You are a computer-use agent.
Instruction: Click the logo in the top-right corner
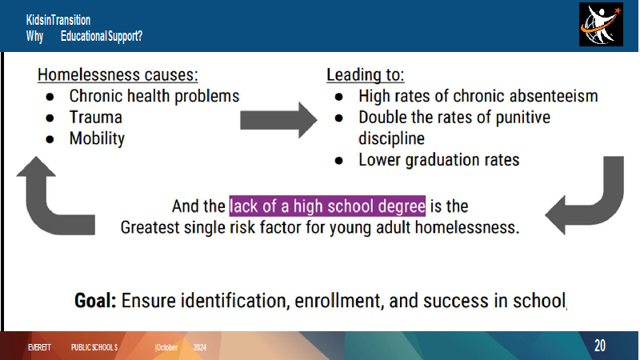601,24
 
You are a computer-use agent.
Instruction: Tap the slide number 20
599,346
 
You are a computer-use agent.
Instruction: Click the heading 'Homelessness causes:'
118,75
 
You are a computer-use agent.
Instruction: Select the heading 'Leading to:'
366,75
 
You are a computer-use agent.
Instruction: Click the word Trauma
95,118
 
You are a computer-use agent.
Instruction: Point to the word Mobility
97,138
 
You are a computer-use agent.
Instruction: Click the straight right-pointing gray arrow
278,121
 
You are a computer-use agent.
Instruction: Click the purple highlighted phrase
327,206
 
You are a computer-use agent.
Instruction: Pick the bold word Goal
95,301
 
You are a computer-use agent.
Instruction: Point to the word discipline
391,138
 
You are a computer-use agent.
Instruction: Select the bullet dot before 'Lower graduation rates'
338,161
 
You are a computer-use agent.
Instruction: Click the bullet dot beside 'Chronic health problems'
50,97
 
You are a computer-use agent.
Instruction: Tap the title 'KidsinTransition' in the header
58,20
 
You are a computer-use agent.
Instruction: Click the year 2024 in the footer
199,348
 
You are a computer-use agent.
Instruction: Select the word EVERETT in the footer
39,348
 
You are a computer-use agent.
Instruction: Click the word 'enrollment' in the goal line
338,302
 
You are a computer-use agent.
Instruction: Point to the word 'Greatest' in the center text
150,227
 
